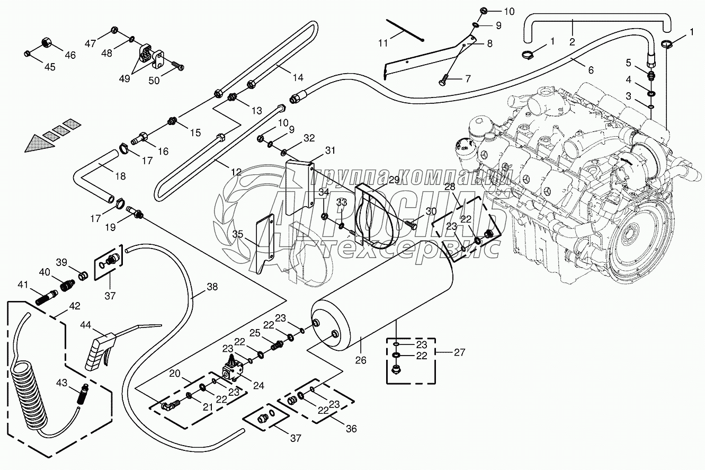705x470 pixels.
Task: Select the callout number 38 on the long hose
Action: coord(212,287)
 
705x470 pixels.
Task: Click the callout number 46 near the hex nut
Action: coord(70,55)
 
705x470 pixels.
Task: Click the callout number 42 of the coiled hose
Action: coord(74,306)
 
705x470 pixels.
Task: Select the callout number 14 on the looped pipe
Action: coord(298,77)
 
